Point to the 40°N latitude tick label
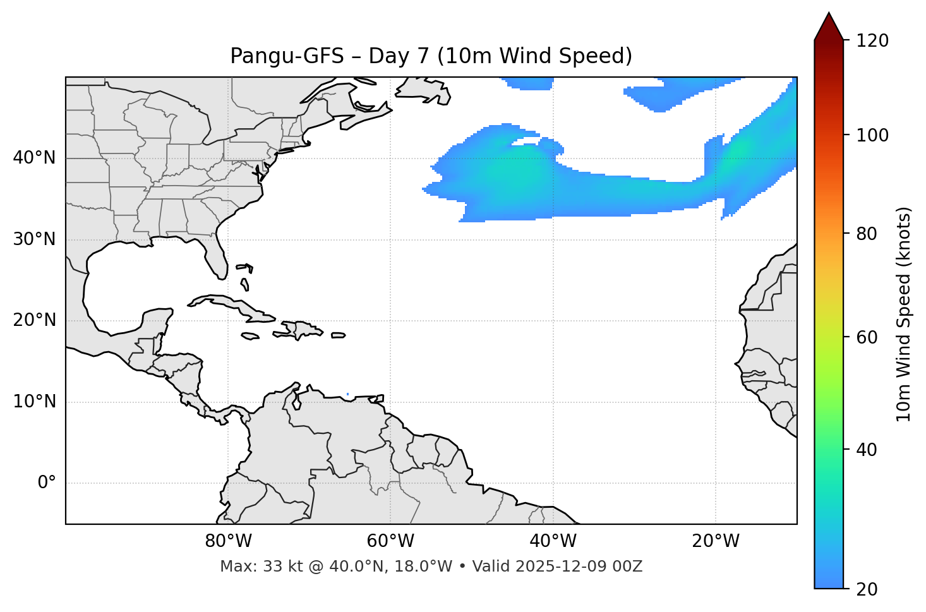34,158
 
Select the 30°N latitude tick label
34,239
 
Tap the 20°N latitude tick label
34,320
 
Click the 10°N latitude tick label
34,402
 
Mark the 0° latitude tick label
47,483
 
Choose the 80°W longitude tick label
228,541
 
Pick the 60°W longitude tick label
390,541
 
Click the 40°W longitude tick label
553,541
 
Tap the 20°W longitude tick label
715,541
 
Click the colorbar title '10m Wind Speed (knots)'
904,314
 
